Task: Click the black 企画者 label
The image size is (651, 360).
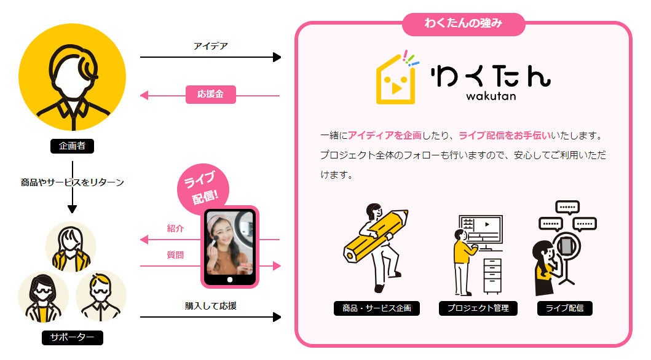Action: (72, 146)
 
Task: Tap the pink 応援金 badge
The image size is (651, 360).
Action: (210, 95)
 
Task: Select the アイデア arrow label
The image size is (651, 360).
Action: (210, 46)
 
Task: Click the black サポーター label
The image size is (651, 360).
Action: (73, 337)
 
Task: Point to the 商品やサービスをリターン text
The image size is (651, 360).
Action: (73, 182)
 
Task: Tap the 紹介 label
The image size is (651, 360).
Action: (175, 229)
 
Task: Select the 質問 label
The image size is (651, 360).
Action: (175, 255)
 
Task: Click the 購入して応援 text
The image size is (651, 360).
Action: (211, 305)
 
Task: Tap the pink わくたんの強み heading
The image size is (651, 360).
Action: (464, 24)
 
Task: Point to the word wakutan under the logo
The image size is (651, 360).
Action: (491, 96)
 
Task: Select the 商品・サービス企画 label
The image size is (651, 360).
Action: (377, 308)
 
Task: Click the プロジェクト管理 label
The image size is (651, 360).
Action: (478, 308)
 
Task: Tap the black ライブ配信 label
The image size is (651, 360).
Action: (565, 308)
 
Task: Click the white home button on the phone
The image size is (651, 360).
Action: (230, 280)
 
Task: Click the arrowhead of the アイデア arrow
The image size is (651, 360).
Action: (277, 57)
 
